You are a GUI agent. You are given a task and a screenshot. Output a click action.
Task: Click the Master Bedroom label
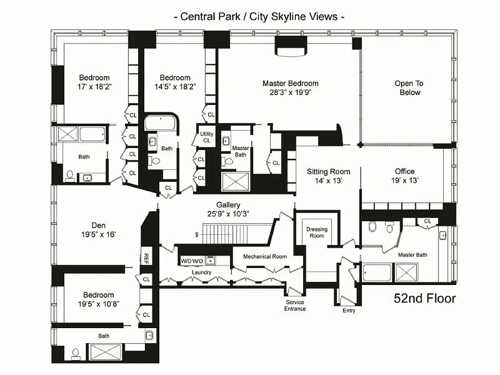290,83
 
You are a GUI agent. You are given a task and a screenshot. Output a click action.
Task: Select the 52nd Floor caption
425,298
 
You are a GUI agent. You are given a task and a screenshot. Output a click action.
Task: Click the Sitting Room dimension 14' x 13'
328,180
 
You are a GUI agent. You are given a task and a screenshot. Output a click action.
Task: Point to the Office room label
404,172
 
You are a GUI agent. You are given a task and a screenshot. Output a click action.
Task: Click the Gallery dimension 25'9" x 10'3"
229,214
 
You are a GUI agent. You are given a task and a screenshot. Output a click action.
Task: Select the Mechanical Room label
265,256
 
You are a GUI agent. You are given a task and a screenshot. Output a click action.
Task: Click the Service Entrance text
295,305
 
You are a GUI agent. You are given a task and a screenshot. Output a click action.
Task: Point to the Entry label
349,310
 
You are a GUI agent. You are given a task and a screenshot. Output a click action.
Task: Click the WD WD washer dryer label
192,261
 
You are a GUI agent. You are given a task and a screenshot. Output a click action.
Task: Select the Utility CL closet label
207,137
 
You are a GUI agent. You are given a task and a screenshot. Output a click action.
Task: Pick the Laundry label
201,272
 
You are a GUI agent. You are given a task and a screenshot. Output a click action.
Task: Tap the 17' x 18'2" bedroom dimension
94,87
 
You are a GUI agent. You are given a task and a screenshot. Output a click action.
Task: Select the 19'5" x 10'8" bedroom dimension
98,304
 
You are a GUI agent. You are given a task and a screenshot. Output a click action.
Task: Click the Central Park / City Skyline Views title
259,16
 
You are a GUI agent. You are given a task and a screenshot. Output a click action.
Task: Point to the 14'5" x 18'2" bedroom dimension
175,87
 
